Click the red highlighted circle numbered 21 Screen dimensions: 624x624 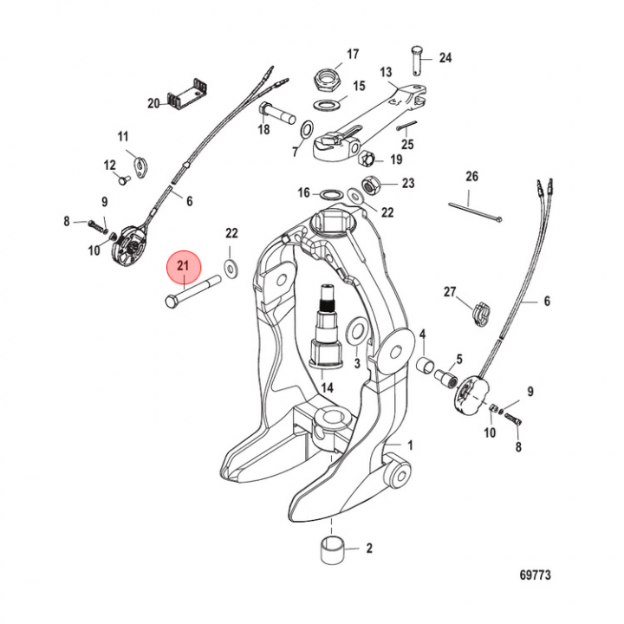tap(184, 270)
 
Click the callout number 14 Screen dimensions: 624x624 tap(328, 387)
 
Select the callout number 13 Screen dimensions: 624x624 tap(386, 72)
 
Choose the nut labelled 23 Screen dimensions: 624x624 tap(367, 184)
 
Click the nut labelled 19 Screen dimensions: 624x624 tap(366, 158)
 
